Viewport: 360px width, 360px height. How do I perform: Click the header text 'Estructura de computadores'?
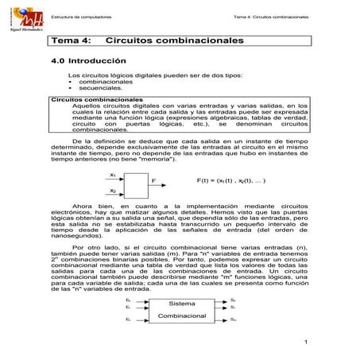[x=80, y=17]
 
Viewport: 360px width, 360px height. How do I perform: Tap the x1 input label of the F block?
[x=113, y=173]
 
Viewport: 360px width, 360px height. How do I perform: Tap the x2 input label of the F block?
[x=113, y=190]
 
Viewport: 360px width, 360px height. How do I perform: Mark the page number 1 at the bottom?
[x=305, y=343]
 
